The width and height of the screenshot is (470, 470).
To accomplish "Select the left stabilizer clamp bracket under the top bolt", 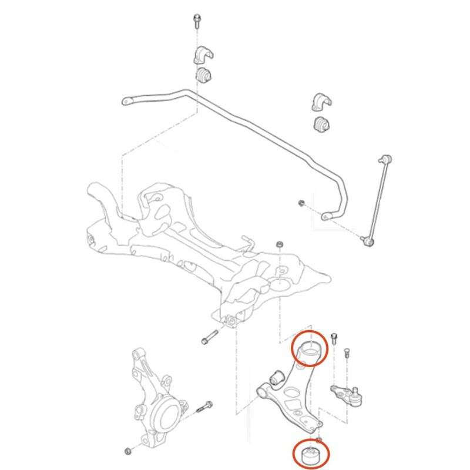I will pos(200,55).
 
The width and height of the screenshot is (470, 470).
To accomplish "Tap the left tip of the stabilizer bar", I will pos(126,102).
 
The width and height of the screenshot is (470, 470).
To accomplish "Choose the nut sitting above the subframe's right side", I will pos(280,243).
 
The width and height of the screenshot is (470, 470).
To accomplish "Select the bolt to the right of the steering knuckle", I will pos(205,406).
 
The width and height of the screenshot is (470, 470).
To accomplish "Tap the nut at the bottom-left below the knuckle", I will pos(128,451).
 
